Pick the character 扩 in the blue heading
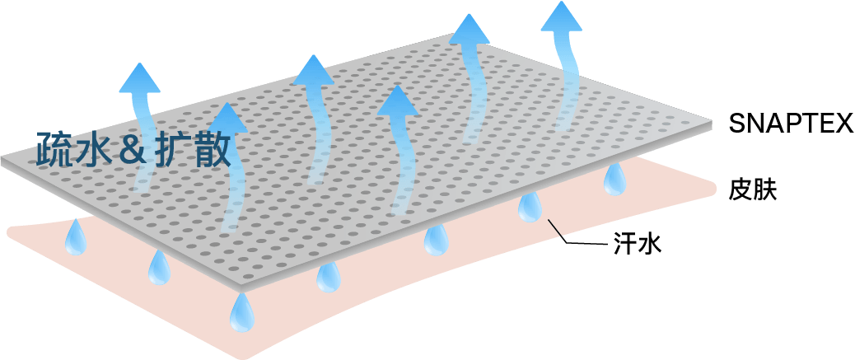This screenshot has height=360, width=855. (x=171, y=149)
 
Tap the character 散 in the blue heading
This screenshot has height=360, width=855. (x=211, y=149)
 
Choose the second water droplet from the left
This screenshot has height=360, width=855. (x=157, y=267)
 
